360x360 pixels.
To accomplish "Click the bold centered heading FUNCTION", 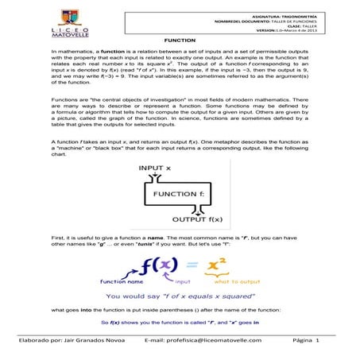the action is pyautogui.click(x=180, y=39).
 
